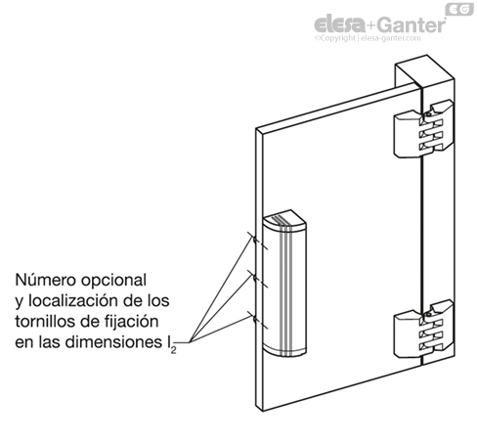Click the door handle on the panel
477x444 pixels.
pos(286,283)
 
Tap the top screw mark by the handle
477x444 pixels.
pos(253,238)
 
